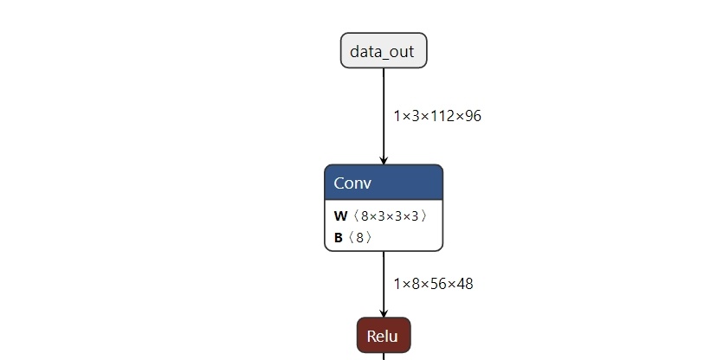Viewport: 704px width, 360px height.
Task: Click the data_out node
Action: (384, 51)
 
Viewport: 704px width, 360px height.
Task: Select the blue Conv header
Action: (384, 183)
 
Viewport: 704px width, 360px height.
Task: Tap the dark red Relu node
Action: (384, 335)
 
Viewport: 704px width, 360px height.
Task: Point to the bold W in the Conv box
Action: (340, 216)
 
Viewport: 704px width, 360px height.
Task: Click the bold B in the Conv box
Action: (338, 237)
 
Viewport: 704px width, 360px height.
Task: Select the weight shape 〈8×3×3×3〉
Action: (389, 216)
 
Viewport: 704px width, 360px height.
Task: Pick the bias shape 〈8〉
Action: (359, 237)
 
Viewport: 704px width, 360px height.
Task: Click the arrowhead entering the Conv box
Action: (384, 161)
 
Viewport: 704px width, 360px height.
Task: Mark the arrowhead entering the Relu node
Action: (384, 313)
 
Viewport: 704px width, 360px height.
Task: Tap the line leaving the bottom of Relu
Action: (384, 357)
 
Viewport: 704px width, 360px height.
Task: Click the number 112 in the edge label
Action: (442, 116)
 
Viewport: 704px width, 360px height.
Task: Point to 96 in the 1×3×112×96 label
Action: (473, 116)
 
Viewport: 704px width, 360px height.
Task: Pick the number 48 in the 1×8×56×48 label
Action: (465, 284)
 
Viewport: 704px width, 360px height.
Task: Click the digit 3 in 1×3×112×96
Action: (416, 116)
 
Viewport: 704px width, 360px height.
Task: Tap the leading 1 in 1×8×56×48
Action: (397, 284)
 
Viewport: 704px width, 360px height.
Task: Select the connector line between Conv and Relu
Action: (384, 284)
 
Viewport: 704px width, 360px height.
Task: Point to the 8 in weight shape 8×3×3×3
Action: (365, 216)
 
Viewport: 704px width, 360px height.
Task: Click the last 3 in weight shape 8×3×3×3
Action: (415, 216)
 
